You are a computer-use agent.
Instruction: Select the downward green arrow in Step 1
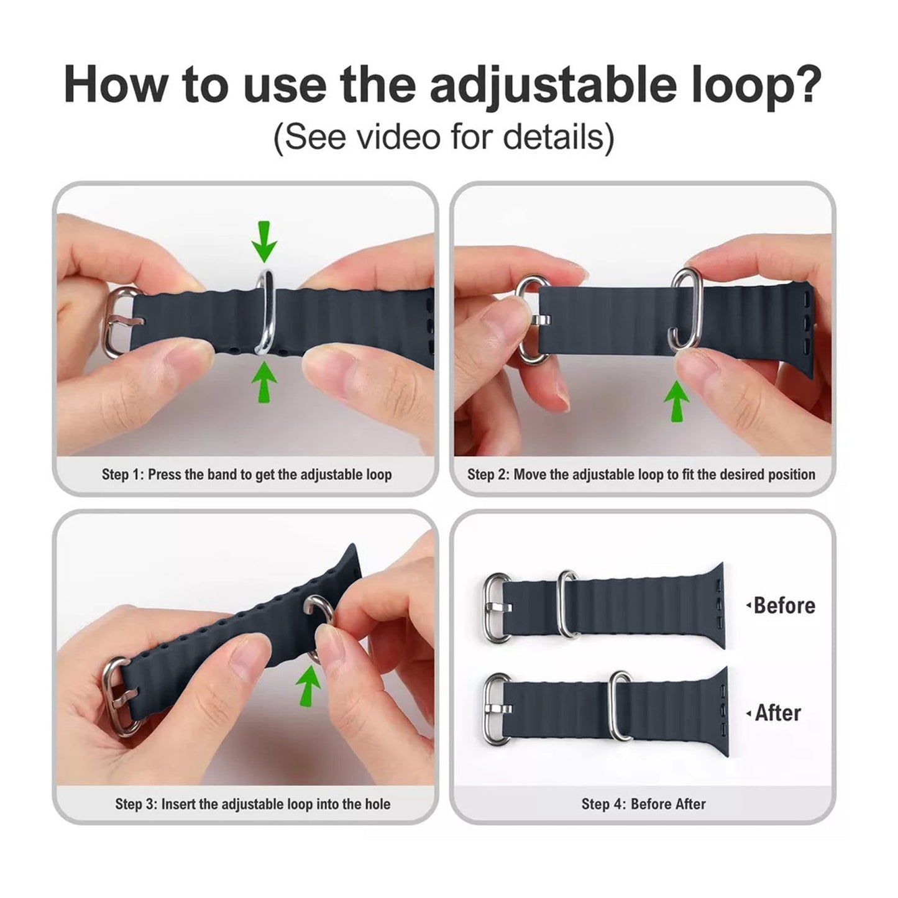point(264,241)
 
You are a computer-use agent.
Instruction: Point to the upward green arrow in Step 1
point(264,381)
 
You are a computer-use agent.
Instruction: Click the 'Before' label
point(784,605)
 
